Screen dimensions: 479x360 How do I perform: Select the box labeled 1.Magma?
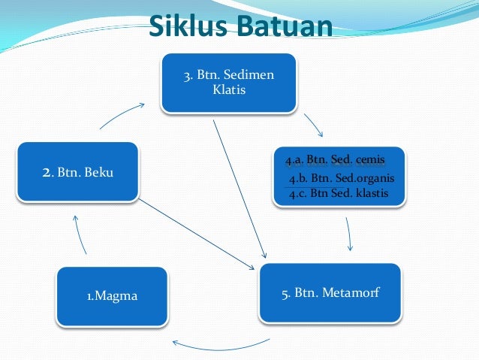(112, 296)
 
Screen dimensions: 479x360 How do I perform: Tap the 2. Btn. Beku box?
(77, 172)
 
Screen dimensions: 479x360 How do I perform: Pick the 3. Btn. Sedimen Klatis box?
(229, 83)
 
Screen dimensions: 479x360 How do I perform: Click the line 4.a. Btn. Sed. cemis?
(335, 161)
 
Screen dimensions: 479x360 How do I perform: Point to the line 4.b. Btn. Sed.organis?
(341, 178)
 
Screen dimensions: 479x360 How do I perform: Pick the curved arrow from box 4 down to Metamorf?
(349, 235)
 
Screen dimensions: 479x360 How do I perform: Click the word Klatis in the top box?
(229, 90)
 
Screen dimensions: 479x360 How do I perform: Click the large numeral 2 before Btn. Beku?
(46, 172)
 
